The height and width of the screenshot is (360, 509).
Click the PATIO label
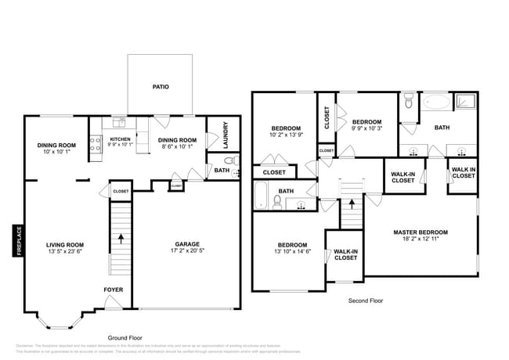click(x=161, y=87)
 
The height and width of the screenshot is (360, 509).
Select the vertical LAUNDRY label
click(x=226, y=135)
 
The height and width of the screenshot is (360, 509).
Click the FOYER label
click(x=114, y=290)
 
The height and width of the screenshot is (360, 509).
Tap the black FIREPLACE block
click(x=16, y=241)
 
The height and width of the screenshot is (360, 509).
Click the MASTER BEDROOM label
click(x=421, y=232)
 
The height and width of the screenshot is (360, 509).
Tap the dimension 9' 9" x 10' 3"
click(x=366, y=128)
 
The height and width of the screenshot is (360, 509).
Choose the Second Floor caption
click(x=365, y=300)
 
